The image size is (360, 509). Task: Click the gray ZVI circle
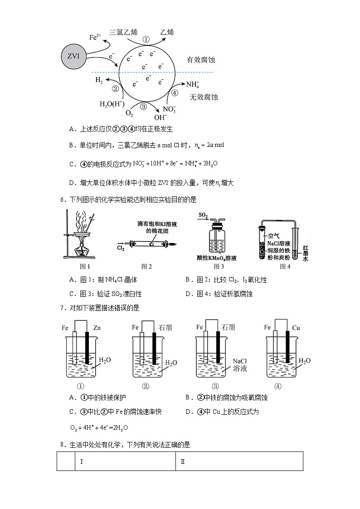pos(73,56)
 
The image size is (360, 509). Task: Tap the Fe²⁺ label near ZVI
pos(95,37)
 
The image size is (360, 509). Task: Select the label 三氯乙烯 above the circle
pos(123,32)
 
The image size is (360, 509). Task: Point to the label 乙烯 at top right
pos(167,32)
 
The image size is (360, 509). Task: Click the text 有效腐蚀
pos(200,60)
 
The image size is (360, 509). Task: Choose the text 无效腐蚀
pos(204,97)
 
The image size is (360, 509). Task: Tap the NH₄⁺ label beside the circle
pos(192,84)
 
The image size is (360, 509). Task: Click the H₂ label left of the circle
pos(99,80)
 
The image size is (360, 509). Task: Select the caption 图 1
pos(85,267)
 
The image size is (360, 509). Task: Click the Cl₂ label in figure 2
pos(121,248)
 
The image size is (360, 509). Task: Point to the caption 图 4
pos(285,267)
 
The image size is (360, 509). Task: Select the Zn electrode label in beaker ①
pos(97,327)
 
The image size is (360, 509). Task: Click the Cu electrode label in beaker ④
pos(296,327)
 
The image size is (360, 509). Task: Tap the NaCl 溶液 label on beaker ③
pos(240,365)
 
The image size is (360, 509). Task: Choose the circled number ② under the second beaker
pos(146,386)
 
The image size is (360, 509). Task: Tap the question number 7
pos(62,308)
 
